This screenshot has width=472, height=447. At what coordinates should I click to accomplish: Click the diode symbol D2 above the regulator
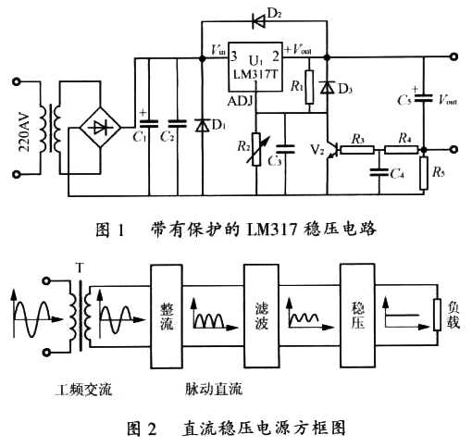pos(259,21)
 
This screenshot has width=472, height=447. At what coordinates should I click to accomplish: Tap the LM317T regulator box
pos(255,67)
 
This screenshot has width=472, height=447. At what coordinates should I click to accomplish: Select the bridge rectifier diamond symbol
pos(100,128)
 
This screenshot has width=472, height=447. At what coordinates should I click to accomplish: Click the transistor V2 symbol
pos(332,150)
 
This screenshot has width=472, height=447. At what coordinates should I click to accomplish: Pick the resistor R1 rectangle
pos(309,87)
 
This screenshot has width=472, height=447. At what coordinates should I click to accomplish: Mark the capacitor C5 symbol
pos(424,98)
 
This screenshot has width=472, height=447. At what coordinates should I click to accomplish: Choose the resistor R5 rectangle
pos(424,173)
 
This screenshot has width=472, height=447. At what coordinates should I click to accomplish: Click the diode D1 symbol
pos(203,126)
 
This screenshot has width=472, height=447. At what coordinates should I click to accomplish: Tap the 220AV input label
pos(24,132)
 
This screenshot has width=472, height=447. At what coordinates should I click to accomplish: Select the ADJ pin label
pos(241,101)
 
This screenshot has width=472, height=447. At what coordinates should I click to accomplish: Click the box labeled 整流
pos(167,317)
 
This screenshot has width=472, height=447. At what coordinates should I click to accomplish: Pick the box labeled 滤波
pos(261,316)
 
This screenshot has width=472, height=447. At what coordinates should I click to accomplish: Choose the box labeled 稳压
pos(357,316)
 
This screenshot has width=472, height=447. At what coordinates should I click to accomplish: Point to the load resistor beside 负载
pos(437,315)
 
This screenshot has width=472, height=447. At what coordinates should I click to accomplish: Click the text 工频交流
pos(83,390)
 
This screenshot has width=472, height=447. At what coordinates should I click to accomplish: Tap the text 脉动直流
pos(214,390)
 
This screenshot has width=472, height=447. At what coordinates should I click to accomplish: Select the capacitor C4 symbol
pos(379,172)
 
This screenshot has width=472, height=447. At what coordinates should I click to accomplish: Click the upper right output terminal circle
pos(453,56)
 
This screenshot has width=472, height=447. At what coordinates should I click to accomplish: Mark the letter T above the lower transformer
pos(80,267)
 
